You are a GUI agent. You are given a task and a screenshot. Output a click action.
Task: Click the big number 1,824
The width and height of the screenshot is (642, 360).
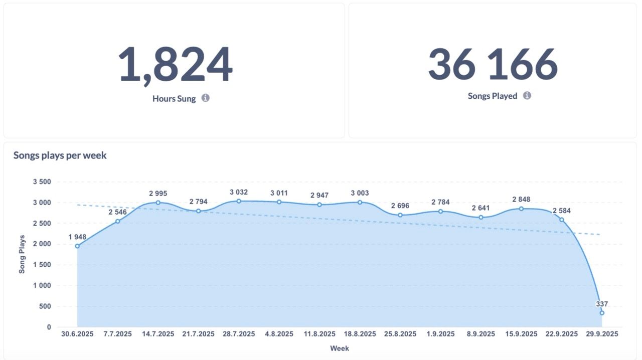pyautogui.click(x=175, y=65)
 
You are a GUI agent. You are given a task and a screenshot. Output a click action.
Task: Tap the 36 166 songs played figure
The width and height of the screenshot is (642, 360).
pyautogui.click(x=493, y=64)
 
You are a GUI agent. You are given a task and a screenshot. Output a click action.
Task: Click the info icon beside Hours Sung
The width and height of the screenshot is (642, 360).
pyautogui.click(x=206, y=98)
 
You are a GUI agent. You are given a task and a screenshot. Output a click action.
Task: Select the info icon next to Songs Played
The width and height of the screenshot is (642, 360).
pyautogui.click(x=527, y=95)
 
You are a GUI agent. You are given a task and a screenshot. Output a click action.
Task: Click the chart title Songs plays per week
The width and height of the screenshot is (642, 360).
pyautogui.click(x=60, y=155)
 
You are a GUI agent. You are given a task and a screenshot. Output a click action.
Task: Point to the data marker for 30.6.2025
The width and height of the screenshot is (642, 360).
pyautogui.click(x=77, y=246)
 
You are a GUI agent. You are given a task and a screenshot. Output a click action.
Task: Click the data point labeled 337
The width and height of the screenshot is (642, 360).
pyautogui.click(x=602, y=313)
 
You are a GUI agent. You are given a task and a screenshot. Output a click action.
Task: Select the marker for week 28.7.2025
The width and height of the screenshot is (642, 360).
pyautogui.click(x=239, y=201)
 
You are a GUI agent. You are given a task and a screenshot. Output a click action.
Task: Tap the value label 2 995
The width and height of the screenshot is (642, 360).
pyautogui.click(x=158, y=193)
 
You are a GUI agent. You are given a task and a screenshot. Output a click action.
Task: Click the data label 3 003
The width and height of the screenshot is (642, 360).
pyautogui.click(x=360, y=193)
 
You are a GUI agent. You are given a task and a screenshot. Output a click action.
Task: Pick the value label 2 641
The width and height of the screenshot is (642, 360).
pyautogui.click(x=480, y=208)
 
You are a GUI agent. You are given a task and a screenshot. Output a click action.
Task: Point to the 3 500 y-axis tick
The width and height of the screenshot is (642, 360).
pyautogui.click(x=42, y=182)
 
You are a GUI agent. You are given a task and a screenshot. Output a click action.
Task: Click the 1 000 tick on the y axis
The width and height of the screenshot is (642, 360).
pyautogui.click(x=42, y=286)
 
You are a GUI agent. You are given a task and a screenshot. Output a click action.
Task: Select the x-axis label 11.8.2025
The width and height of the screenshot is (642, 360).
pyautogui.click(x=319, y=334)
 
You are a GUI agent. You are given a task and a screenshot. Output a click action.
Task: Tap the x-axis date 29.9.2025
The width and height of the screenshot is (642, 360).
pyautogui.click(x=602, y=334)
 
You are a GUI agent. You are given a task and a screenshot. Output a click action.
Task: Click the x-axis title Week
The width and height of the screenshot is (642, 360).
pyautogui.click(x=340, y=348)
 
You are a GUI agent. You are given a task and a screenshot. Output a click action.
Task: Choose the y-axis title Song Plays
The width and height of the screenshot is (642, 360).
pyautogui.click(x=22, y=254)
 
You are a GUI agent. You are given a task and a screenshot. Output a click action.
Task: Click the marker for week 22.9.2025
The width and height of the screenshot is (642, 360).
pyautogui.click(x=562, y=220)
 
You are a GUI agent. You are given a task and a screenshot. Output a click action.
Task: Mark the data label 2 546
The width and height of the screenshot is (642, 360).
pyautogui.click(x=118, y=212)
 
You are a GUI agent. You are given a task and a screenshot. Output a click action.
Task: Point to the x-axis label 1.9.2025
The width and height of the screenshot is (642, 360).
pyautogui.click(x=440, y=334)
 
